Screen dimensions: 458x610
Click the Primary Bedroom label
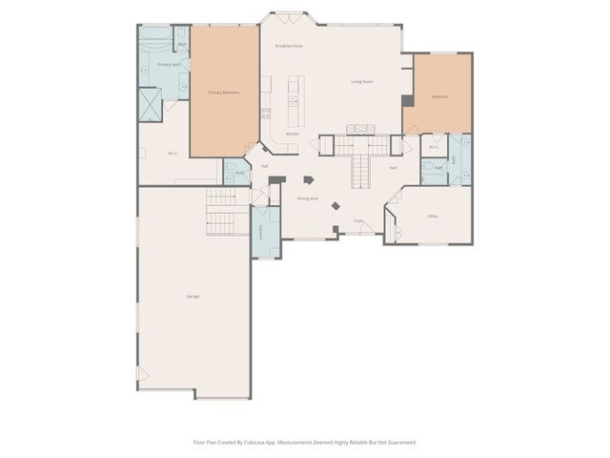(223, 93)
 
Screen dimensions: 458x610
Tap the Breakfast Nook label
(289, 46)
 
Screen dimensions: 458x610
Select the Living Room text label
(361, 82)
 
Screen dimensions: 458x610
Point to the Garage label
(193, 298)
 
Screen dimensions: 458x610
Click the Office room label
(433, 217)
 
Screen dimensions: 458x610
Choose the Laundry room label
(261, 232)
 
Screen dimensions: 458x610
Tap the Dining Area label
(307, 198)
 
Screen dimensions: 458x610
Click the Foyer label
(359, 220)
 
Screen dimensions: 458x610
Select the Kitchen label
(293, 134)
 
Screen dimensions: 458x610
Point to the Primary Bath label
(164, 64)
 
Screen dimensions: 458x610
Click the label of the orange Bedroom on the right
(439, 96)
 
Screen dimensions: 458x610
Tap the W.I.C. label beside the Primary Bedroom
(173, 153)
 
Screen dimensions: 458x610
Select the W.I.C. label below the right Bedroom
(433, 147)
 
